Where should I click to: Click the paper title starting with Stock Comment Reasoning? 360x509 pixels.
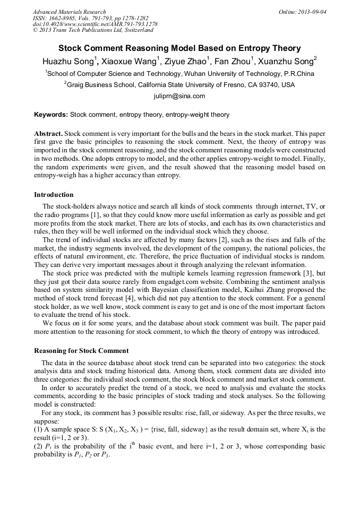point(179,48)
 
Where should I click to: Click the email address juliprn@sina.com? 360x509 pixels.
point(179,96)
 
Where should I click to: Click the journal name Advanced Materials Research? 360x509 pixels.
point(69,12)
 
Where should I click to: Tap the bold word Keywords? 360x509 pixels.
point(51,114)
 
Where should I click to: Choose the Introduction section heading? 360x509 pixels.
point(54,195)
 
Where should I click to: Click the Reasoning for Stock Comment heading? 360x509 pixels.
point(81,351)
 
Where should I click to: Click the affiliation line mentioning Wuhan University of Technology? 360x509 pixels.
point(179,74)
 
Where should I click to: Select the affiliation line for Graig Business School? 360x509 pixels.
point(179,85)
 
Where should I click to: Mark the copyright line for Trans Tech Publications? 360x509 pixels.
point(93,30)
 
